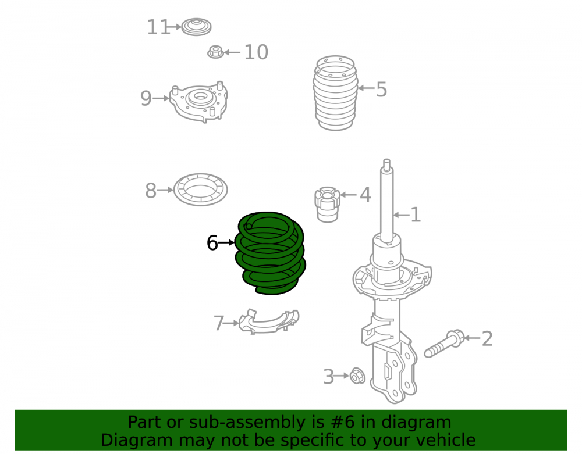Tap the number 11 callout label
pos(158,27)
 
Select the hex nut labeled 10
pos(216,52)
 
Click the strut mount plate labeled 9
pos(198,101)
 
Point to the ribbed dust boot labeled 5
pos(336,93)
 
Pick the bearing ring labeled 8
pos(200,190)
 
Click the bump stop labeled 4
pos(327,204)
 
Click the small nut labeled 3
pos(358,376)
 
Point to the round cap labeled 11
pos(196,27)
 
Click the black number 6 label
pos(212,243)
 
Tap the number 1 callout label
pos(416,215)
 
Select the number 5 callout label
pos(382,90)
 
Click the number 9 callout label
pos(146,99)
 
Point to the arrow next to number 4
pos(348,195)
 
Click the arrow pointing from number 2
pos(472,338)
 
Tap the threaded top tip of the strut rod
pos(386,163)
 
